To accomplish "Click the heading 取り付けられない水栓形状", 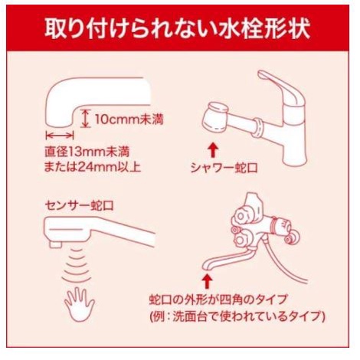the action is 178,28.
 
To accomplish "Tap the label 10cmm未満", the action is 129,119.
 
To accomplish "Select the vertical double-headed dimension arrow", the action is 85,118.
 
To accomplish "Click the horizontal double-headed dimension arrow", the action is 60,136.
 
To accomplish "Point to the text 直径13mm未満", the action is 87,152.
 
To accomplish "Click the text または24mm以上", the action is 93,167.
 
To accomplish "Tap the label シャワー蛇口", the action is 224,168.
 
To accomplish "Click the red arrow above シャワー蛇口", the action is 212,151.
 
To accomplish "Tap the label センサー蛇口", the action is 79,205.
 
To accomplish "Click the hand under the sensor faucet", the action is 80,304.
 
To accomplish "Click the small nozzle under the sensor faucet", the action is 55,244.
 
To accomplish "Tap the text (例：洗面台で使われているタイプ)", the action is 237,316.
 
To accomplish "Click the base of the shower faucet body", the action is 295,154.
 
